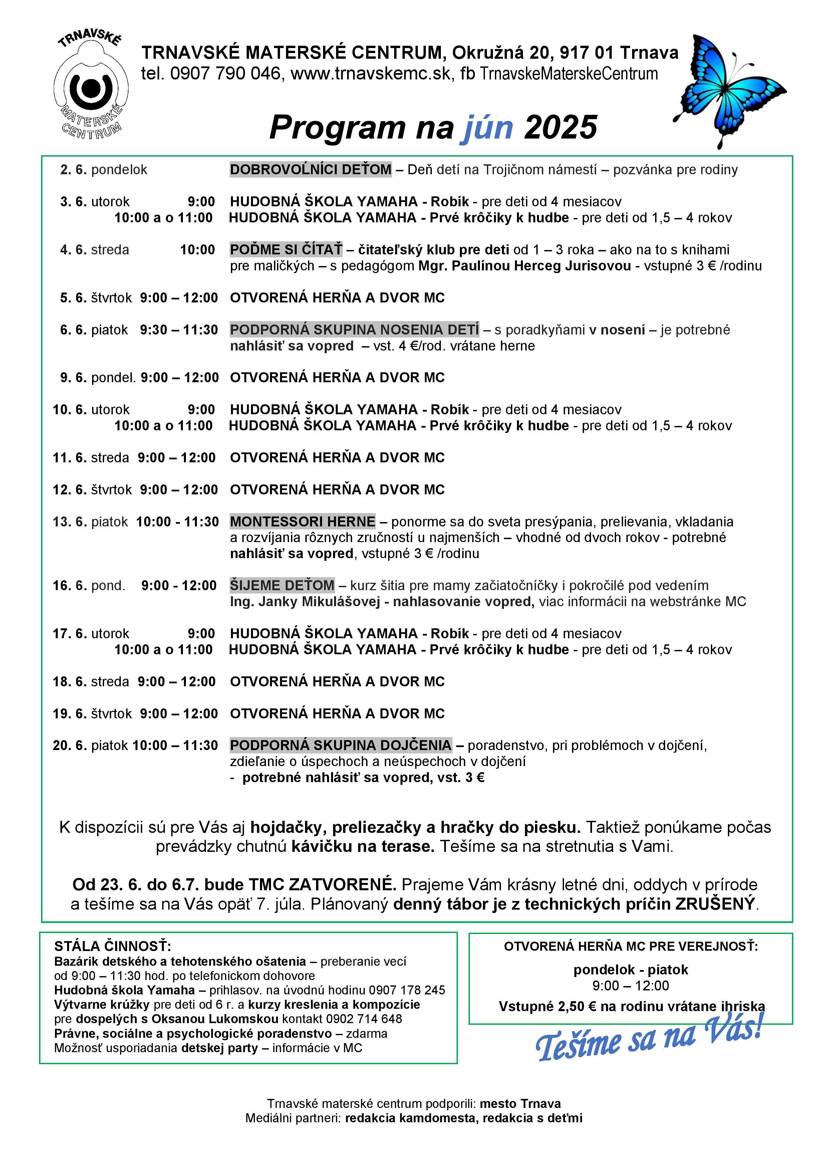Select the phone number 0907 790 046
coord(225,74)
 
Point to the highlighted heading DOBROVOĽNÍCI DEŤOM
coord(310,170)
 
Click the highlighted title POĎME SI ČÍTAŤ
coord(286,250)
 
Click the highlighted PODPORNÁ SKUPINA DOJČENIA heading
coord(341,746)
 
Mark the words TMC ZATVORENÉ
coord(322,885)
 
